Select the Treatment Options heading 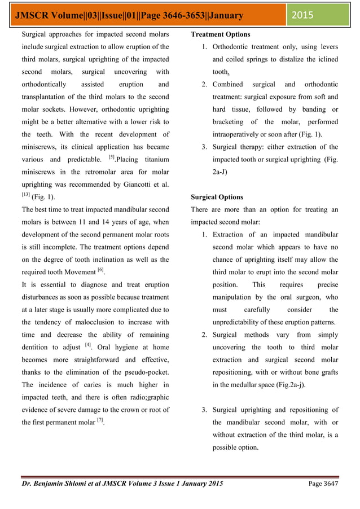tap(220, 35)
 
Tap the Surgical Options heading tap(217, 198)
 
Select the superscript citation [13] tap(26, 194)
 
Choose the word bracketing tap(230, 122)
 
